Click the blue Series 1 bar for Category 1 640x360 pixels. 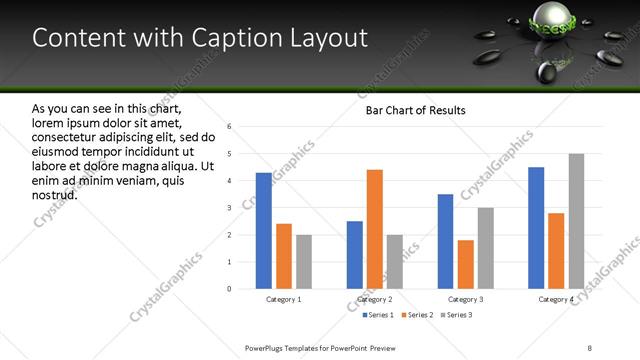[264, 231]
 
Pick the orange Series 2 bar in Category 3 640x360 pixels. [466, 264]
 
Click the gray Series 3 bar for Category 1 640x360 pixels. [304, 262]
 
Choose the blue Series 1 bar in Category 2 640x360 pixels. [355, 255]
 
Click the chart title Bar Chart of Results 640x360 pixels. [415, 110]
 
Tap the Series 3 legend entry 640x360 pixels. [457, 315]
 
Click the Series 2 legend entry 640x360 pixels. [415, 315]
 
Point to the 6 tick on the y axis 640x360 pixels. [230, 127]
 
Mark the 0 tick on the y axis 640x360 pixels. [230, 289]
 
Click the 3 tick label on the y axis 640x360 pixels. [230, 208]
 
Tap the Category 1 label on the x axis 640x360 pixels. [284, 300]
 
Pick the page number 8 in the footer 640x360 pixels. [590, 347]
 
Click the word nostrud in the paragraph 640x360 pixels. [54, 194]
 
